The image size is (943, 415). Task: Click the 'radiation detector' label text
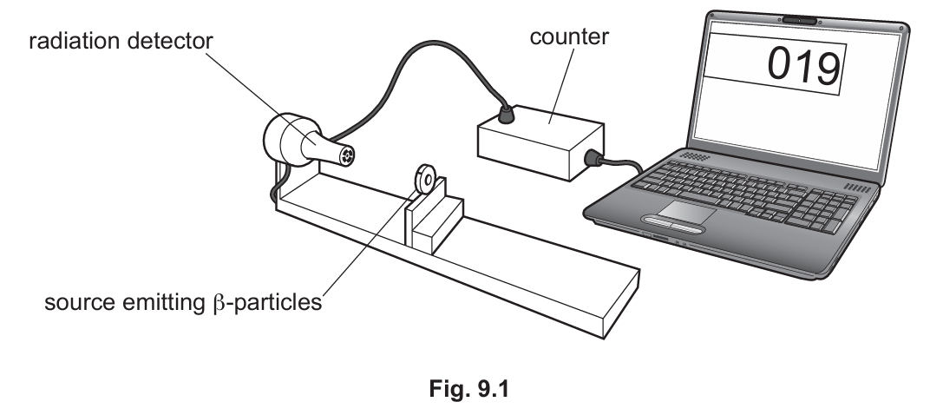pos(121,42)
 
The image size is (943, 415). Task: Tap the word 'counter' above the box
pos(569,36)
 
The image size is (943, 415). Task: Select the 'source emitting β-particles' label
pos(183,302)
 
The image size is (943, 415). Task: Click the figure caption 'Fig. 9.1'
pos(469,389)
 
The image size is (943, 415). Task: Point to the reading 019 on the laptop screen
pos(803,65)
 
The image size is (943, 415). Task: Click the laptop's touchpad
pos(686,213)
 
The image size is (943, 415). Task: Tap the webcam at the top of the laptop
pos(799,21)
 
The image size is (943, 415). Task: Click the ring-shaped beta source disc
pos(427,179)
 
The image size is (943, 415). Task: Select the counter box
pos(540,144)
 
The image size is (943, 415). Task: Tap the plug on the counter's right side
pos(595,158)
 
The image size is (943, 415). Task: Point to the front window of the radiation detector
pos(347,156)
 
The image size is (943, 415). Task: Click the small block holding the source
pos(435,216)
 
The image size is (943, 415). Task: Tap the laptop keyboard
pos(746,196)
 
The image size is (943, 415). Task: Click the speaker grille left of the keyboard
pos(695,155)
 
